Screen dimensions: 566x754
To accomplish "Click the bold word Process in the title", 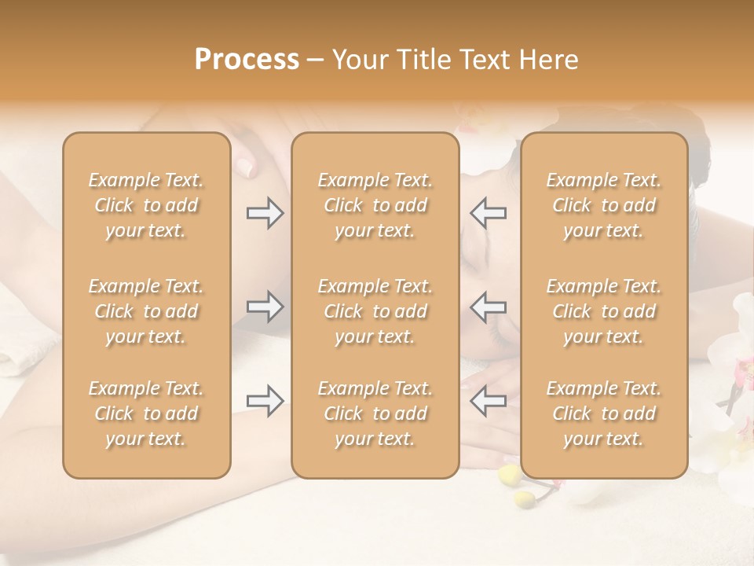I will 247,60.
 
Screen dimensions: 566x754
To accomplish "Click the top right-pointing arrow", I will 265,212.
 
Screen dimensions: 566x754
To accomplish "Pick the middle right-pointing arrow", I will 265,307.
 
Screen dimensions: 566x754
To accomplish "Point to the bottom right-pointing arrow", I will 265,401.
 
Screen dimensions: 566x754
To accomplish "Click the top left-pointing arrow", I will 488,212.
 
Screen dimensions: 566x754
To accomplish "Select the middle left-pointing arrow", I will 488,307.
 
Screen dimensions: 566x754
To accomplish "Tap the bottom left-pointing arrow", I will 488,401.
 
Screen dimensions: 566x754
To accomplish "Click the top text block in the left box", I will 146,205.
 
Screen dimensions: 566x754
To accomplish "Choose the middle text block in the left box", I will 146,311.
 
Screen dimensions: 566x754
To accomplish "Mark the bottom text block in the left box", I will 146,413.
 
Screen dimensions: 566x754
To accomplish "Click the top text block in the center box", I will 375,205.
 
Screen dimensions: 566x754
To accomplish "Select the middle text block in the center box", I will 375,311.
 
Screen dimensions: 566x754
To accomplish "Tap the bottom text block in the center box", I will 375,413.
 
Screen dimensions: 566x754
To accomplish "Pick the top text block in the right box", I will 604,205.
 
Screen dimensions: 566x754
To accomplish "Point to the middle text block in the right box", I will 604,311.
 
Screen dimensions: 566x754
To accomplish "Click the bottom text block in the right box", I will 604,413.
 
